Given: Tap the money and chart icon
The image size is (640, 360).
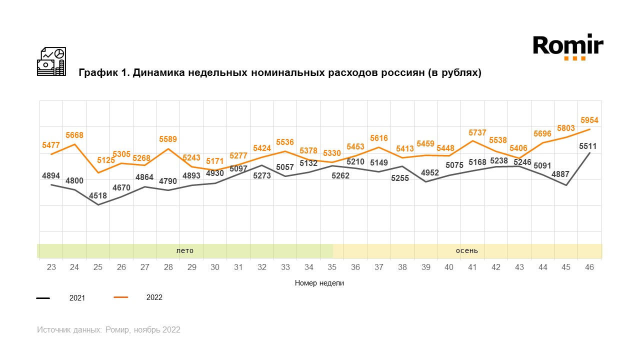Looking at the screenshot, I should pos(51,61).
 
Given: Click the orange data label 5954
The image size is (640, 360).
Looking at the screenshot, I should pos(589,120).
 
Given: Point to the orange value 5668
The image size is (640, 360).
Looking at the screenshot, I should pos(74,135).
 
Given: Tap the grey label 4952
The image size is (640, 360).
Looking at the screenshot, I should pos(426,172).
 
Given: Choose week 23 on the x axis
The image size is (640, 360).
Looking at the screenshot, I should pos(51,267).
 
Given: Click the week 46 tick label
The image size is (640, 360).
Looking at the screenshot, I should pos(589,267).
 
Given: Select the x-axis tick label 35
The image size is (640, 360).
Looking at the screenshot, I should pos(332,267).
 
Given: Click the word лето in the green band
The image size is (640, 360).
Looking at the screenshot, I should pos(184,250).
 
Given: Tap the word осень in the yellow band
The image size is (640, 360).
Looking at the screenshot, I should pos(466,250).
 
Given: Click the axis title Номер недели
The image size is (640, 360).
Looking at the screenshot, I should pos(319,283).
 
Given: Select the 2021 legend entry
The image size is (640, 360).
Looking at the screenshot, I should pos(77,298).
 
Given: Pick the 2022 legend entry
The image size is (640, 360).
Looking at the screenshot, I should pos(154,297).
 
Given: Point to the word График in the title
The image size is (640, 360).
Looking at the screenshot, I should pos(97,73).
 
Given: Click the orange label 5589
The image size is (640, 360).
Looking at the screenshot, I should pos(168,139).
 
